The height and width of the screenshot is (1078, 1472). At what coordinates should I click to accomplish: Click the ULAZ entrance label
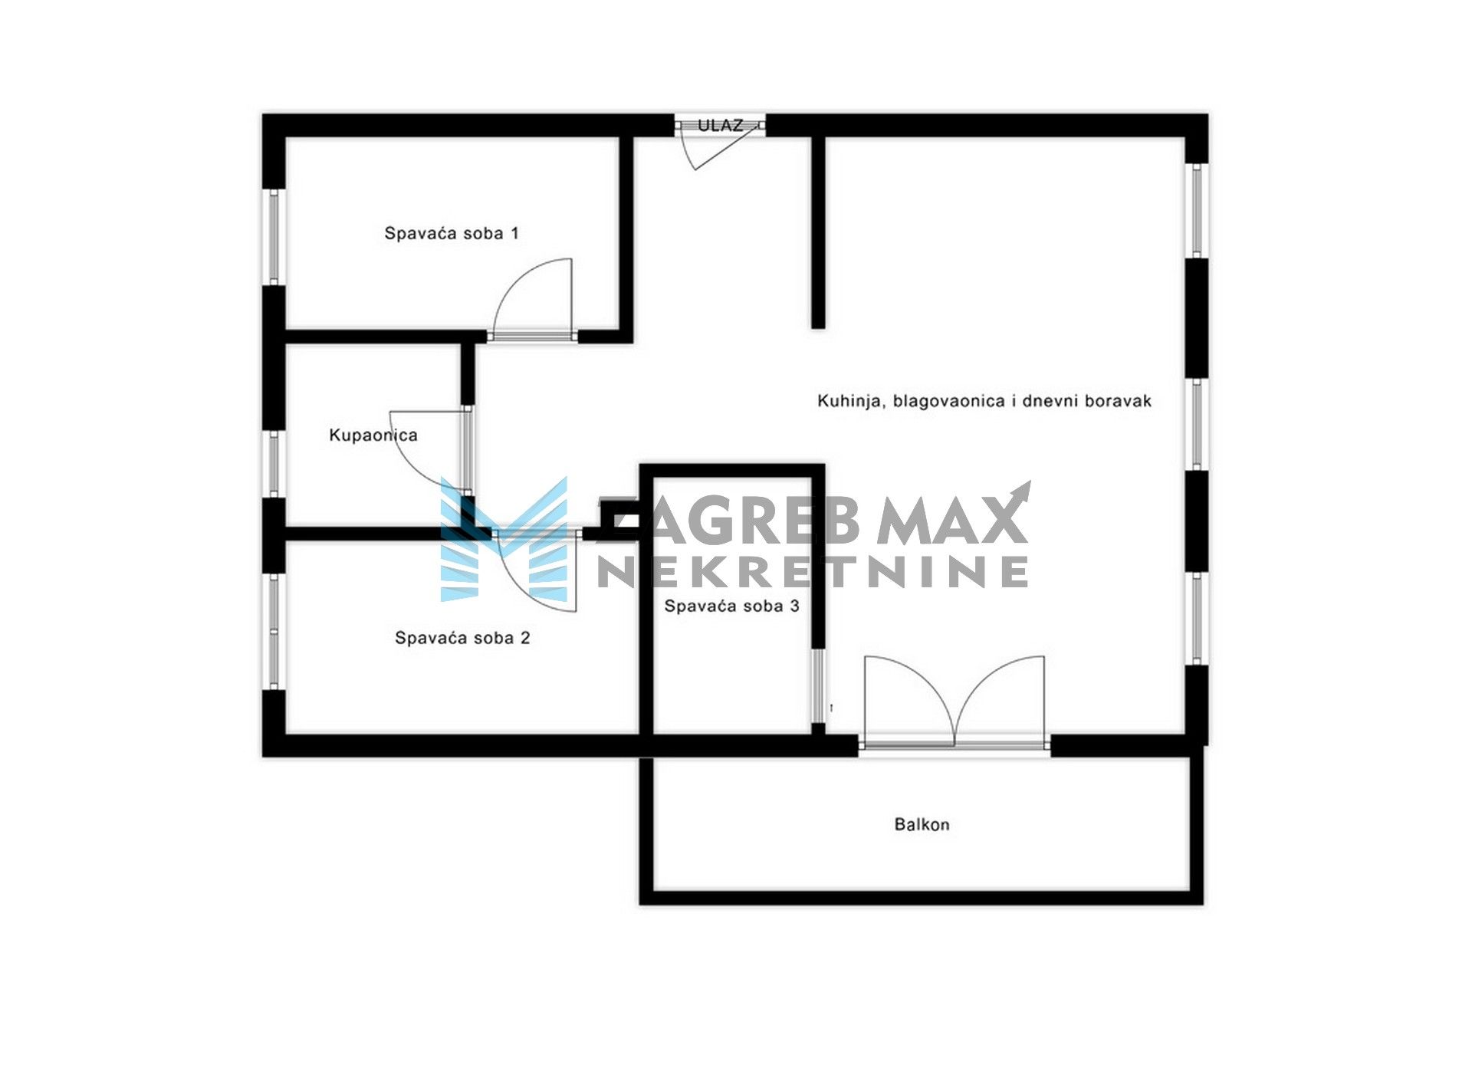coord(720,125)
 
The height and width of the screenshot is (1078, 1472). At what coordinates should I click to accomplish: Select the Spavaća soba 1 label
coord(452,233)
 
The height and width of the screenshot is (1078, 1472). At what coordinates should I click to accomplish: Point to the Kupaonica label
coord(373,435)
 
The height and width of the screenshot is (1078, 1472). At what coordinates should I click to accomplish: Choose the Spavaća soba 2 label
coord(462,638)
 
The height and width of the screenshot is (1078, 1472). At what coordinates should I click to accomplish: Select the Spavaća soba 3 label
coord(731,606)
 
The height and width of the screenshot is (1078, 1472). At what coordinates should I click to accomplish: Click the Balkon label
coord(922,825)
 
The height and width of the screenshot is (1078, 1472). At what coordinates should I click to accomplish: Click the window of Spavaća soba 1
coord(274,237)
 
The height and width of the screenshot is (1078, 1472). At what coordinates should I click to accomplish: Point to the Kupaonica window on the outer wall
coord(274,465)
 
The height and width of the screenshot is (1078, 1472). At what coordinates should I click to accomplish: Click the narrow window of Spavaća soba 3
coord(818,686)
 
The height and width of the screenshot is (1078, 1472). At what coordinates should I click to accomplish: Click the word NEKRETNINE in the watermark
coord(813,572)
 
